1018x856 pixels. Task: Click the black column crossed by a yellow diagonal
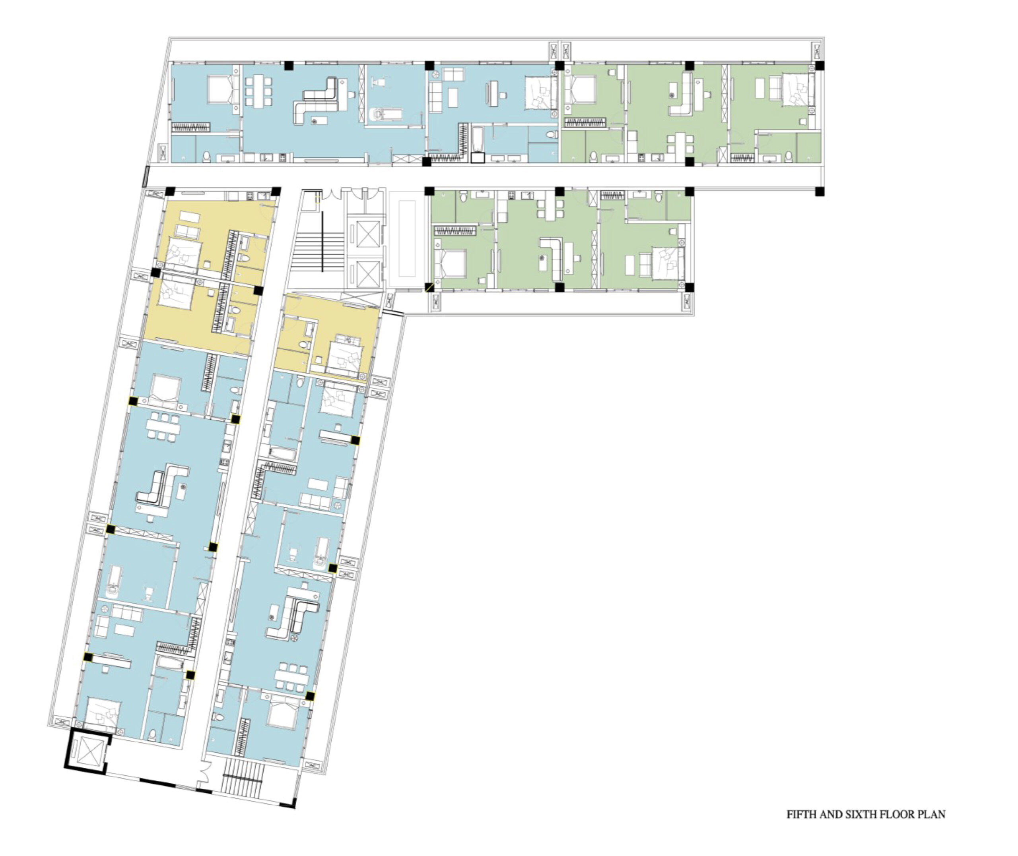tap(429, 288)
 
